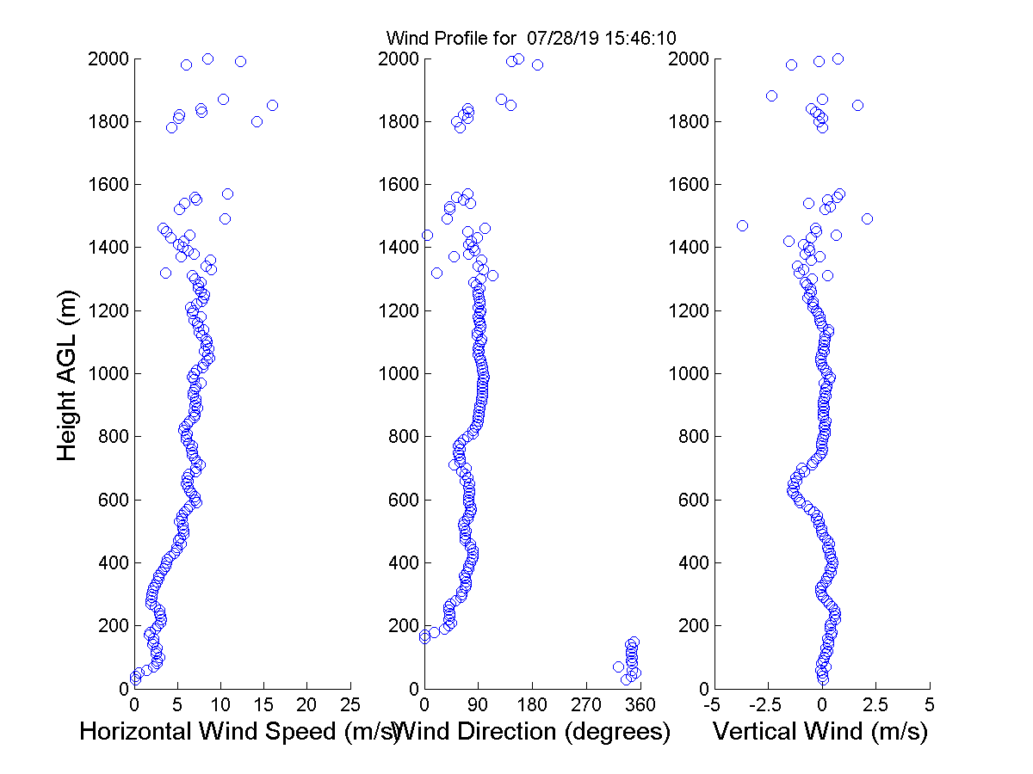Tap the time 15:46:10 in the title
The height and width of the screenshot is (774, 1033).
coord(633,39)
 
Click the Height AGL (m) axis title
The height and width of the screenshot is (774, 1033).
coord(68,374)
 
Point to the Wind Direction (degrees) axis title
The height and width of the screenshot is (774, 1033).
coord(531,732)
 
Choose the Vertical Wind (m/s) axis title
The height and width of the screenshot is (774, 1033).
coord(820,732)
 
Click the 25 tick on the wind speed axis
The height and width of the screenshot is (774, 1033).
coord(350,704)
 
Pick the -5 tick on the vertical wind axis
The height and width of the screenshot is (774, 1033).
coord(712,704)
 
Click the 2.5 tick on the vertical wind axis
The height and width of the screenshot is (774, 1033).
coord(875,704)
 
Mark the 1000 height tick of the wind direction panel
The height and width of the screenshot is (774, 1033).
coord(397,374)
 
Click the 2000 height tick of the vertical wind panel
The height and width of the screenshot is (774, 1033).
coord(686,59)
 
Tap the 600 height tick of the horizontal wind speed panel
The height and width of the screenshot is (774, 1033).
coord(111,500)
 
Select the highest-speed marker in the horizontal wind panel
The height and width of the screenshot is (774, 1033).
coord(272,105)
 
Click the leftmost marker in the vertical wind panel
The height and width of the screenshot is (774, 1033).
coord(742,225)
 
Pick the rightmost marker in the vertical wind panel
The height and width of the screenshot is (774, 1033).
coord(867,218)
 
